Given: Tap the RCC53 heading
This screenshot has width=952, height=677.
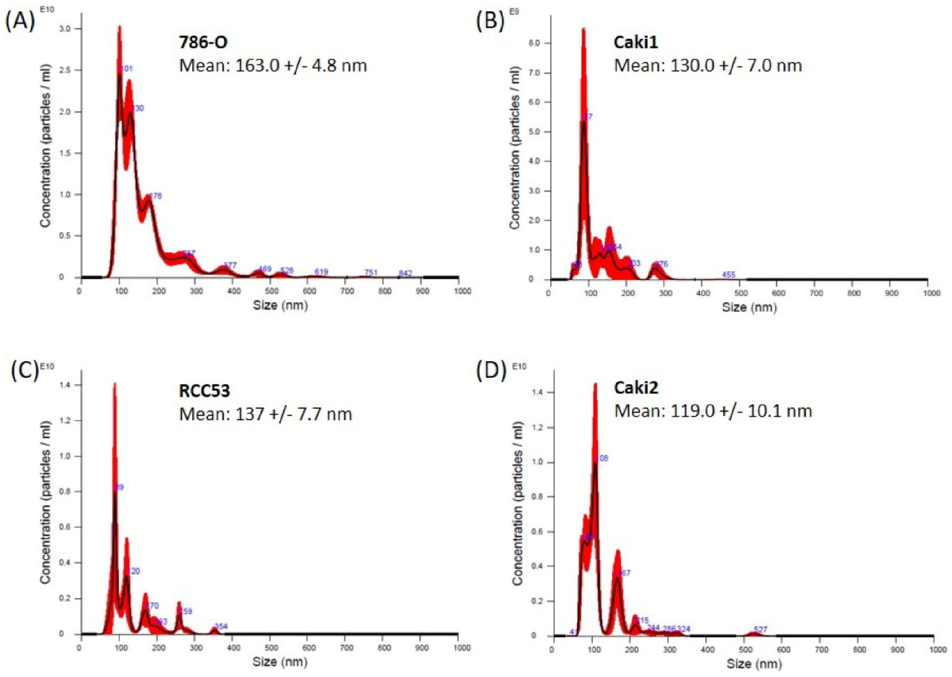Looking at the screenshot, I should tap(204, 391).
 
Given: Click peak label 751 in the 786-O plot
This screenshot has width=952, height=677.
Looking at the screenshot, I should tap(371, 273).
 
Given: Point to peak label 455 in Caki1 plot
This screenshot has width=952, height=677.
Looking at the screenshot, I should tap(728, 275).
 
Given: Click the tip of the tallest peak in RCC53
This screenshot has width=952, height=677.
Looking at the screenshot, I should tap(115, 384).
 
